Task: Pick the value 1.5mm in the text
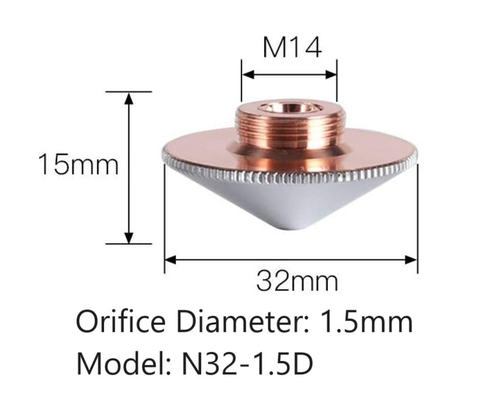[365, 324]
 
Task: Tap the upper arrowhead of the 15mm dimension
[129, 98]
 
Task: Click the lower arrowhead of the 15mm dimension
[129, 237]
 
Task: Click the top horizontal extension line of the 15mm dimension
[129, 91]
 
